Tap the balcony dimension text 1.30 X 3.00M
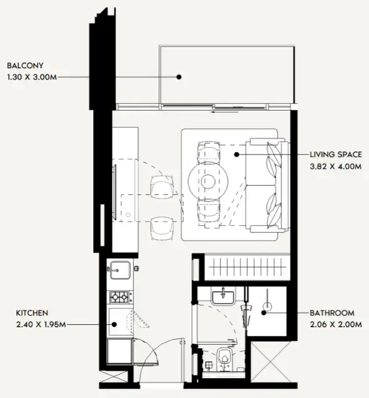(34, 77)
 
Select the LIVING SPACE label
(335, 154)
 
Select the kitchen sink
(118, 270)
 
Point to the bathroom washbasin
(222, 297)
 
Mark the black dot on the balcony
(178, 77)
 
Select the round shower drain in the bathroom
(268, 305)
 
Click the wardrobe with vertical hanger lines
(247, 268)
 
